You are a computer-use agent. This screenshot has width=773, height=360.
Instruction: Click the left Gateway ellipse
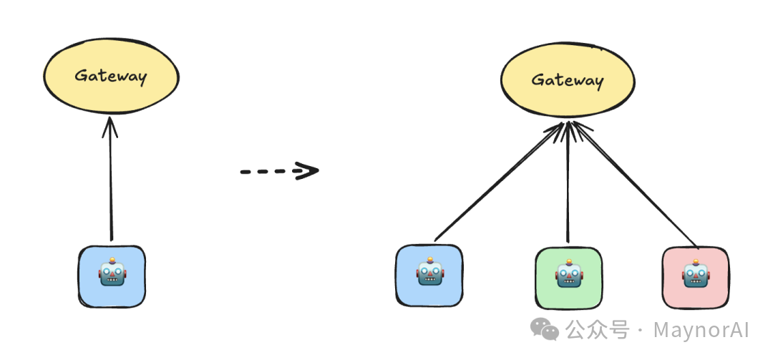(x=110, y=77)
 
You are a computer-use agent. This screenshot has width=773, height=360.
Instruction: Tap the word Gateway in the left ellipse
(x=110, y=76)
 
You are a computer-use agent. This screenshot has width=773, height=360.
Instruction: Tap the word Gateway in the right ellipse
(x=567, y=79)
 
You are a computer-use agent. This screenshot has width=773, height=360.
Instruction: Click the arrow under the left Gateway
(x=110, y=186)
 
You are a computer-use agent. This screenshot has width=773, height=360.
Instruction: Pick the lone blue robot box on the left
(x=111, y=276)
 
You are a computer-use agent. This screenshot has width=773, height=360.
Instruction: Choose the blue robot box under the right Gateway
(x=429, y=276)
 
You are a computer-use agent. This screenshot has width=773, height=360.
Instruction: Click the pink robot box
(x=694, y=277)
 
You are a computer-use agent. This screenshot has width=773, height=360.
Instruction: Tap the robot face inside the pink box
(x=694, y=273)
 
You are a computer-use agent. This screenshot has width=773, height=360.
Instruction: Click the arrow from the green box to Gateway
(x=568, y=186)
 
